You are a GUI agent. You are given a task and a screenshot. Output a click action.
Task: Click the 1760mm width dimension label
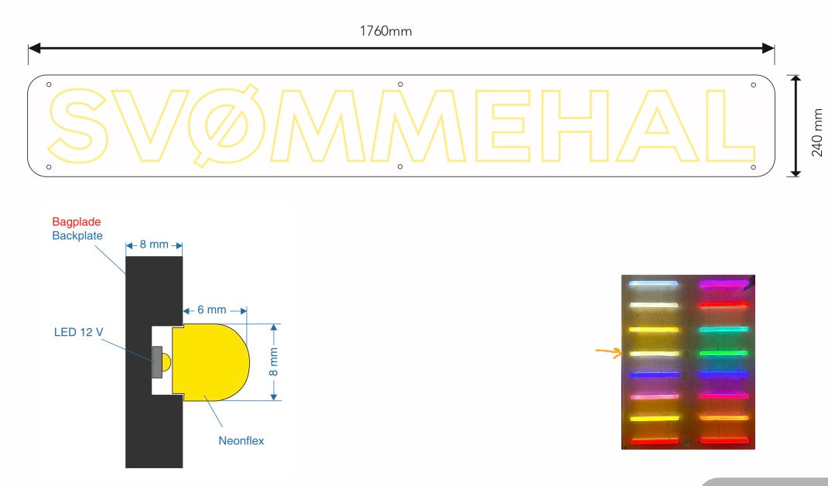point(385,31)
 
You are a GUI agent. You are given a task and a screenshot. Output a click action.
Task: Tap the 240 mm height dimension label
point(817,132)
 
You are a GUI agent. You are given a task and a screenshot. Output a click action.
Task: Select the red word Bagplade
point(77,222)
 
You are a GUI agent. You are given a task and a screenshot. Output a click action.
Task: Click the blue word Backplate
point(77,235)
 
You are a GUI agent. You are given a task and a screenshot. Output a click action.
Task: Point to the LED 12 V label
point(79,332)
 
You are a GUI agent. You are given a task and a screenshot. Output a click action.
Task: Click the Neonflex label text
point(241,440)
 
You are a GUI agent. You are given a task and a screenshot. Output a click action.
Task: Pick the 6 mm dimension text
point(212,310)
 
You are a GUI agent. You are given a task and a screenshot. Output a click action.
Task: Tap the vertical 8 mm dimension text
point(273,362)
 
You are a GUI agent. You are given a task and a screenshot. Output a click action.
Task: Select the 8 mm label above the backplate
point(154,244)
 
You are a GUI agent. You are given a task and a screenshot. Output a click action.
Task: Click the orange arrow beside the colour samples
point(608,352)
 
